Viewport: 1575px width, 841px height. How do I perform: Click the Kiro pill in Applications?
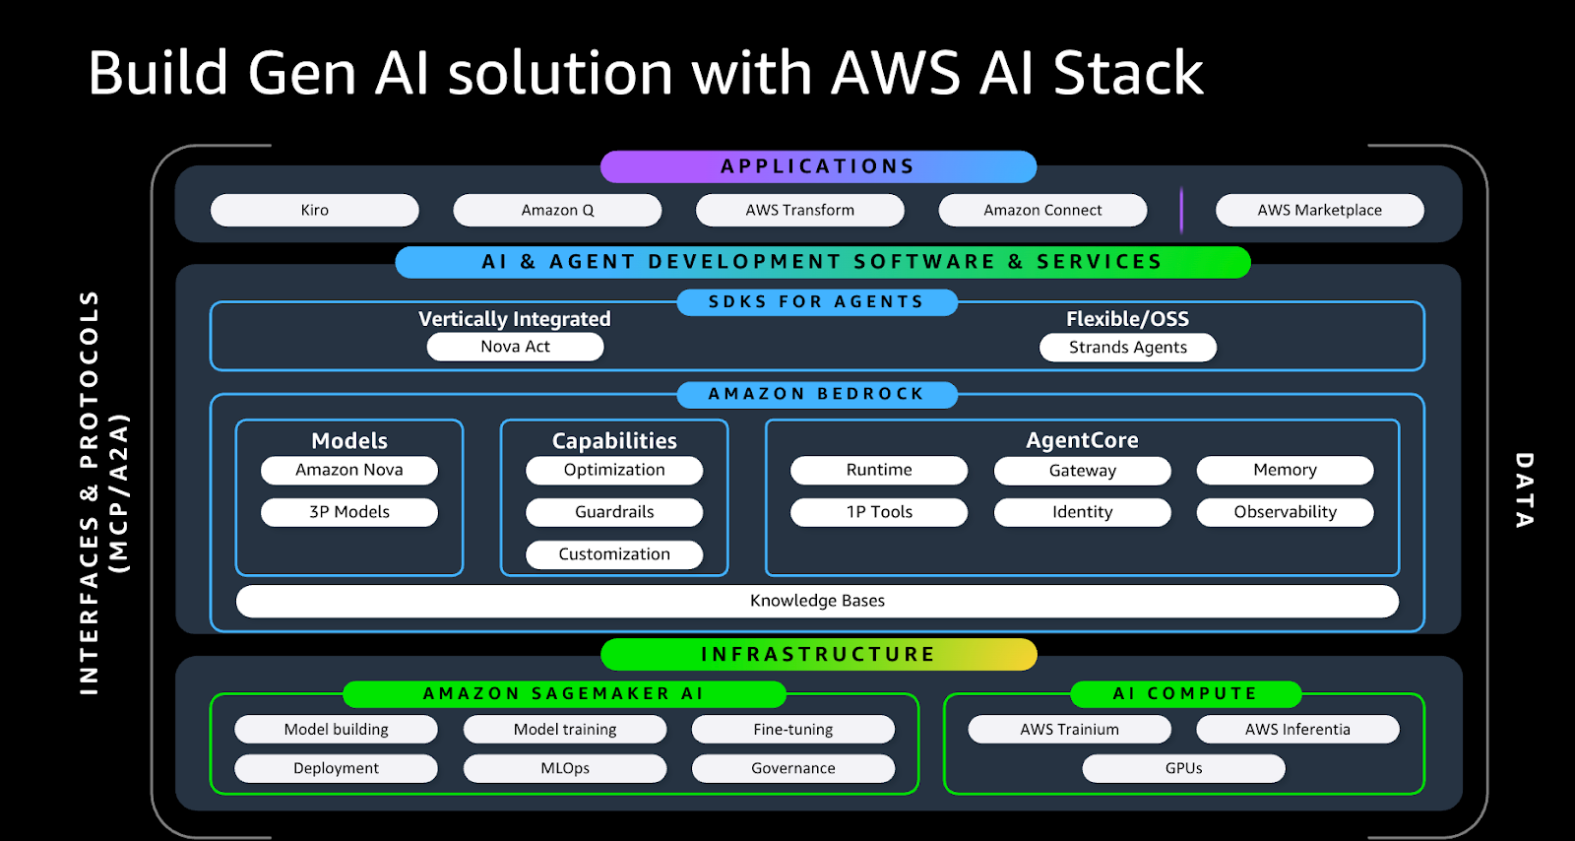click(315, 210)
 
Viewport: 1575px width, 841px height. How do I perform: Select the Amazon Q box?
click(557, 210)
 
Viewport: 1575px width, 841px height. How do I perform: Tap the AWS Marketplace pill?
click(1319, 210)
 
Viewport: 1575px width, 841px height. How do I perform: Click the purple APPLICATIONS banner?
click(818, 166)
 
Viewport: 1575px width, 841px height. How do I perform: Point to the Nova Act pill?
click(515, 347)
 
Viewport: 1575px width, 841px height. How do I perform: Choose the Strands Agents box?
click(1128, 348)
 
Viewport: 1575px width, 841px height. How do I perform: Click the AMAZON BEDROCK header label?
click(817, 394)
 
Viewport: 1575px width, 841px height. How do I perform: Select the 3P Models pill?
click(349, 512)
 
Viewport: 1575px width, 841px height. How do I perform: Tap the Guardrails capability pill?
click(614, 512)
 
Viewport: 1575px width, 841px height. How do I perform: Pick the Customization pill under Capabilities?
click(614, 554)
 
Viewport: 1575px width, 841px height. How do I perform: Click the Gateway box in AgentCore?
click(1082, 471)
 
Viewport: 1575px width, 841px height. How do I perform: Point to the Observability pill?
click(1285, 512)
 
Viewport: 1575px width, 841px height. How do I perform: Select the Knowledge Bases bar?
click(817, 601)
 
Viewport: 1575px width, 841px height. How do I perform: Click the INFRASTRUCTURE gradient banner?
click(818, 654)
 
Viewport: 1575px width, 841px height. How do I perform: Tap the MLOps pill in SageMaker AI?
click(565, 768)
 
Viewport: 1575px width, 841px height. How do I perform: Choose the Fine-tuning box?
click(793, 730)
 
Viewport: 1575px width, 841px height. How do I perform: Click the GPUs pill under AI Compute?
click(1183, 768)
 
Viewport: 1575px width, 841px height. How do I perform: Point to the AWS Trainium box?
click(1069, 730)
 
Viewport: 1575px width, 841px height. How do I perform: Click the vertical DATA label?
click(1524, 489)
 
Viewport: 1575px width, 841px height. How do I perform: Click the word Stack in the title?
click(1128, 74)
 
